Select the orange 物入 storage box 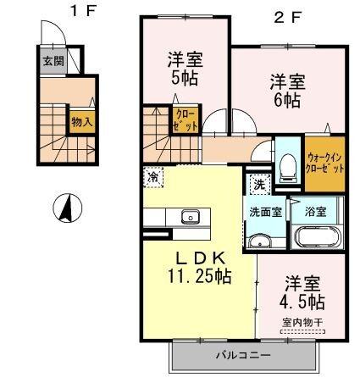[x=81, y=120]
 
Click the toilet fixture [x=286, y=164]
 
